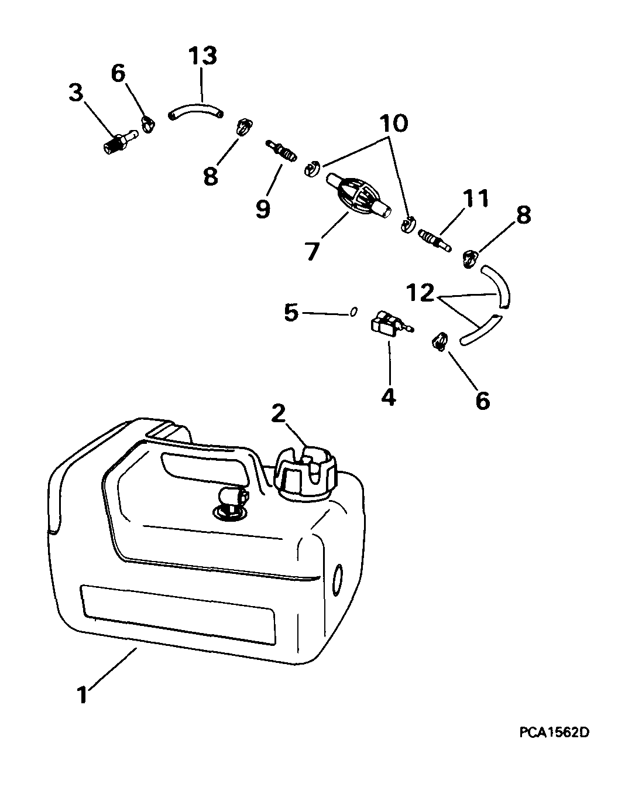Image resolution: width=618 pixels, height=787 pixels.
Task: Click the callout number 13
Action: click(202, 56)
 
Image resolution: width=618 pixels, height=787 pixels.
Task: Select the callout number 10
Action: click(394, 123)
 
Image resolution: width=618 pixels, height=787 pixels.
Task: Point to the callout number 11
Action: click(475, 199)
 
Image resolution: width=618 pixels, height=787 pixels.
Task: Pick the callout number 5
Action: click(291, 312)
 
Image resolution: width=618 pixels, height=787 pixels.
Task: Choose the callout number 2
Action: click(278, 413)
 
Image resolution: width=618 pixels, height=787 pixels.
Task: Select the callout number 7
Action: click(312, 251)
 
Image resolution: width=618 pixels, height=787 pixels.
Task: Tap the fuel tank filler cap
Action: click(307, 470)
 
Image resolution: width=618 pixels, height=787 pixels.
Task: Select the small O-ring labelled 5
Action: click(354, 311)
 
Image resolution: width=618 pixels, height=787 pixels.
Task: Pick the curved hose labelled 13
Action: click(195, 111)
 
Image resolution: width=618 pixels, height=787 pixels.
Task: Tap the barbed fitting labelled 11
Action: click(434, 239)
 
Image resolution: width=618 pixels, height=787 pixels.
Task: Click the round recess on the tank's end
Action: click(337, 583)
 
